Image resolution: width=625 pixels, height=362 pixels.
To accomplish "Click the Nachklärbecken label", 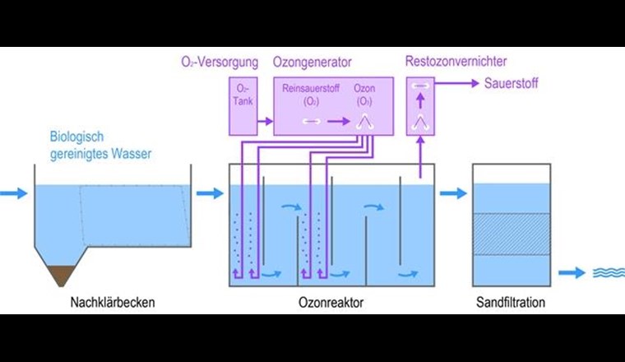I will click(x=112, y=303).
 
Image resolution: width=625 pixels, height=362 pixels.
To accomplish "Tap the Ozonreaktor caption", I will click(x=331, y=303).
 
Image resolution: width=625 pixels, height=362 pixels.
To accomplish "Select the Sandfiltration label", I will click(x=510, y=303).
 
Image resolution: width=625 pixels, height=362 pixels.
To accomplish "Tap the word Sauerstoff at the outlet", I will click(x=512, y=83).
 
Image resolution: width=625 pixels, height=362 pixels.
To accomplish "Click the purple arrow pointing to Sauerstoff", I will click(x=462, y=83).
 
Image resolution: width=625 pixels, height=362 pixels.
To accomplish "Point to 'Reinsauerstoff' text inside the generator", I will click(x=308, y=87).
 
